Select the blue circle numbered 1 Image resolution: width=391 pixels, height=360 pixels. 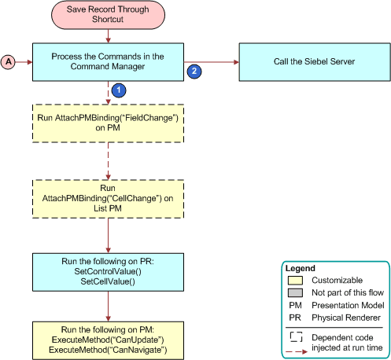coord(117,90)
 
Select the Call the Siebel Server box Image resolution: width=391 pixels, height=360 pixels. coord(313,61)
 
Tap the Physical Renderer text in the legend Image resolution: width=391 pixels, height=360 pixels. coord(345,318)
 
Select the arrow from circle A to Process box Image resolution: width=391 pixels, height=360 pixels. coord(24,61)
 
